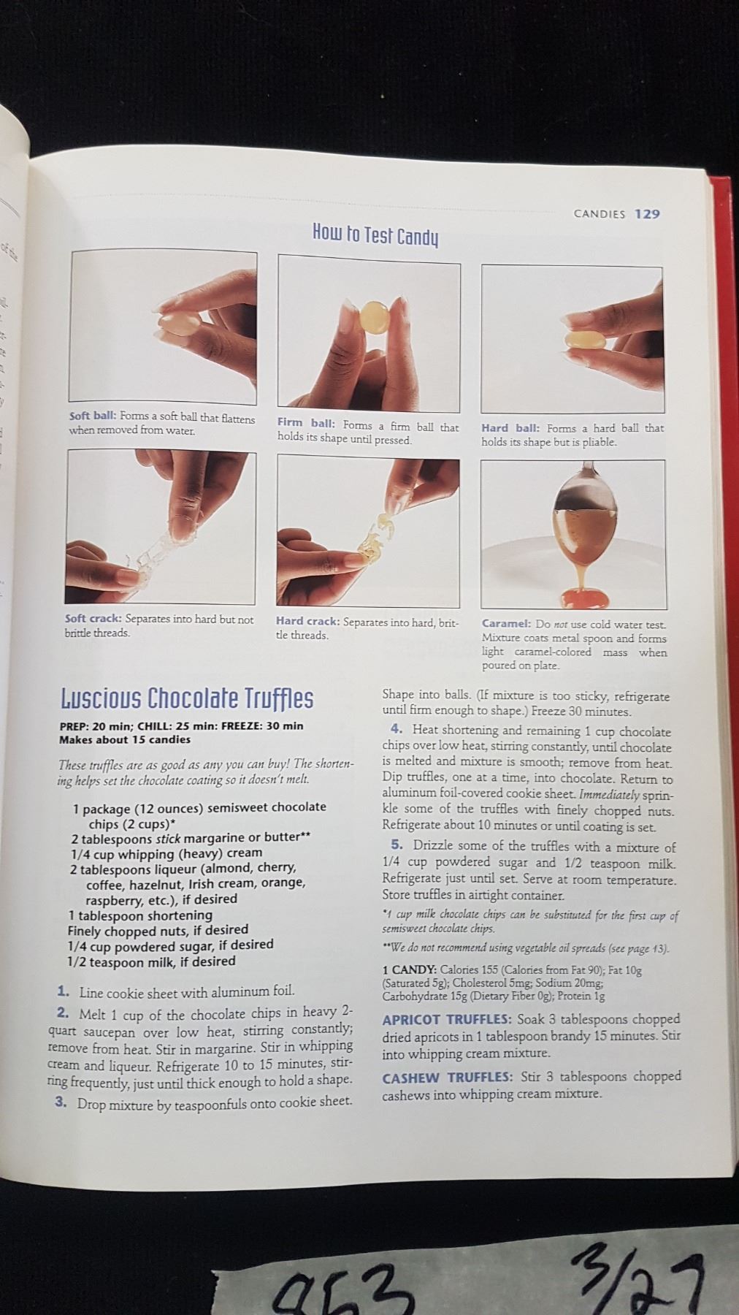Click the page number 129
[647, 214]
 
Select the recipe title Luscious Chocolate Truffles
[187, 698]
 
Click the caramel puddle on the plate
[584, 598]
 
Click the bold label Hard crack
[307, 622]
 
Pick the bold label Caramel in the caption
[506, 624]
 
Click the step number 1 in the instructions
[64, 991]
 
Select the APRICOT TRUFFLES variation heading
[447, 1019]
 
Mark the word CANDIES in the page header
[600, 214]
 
